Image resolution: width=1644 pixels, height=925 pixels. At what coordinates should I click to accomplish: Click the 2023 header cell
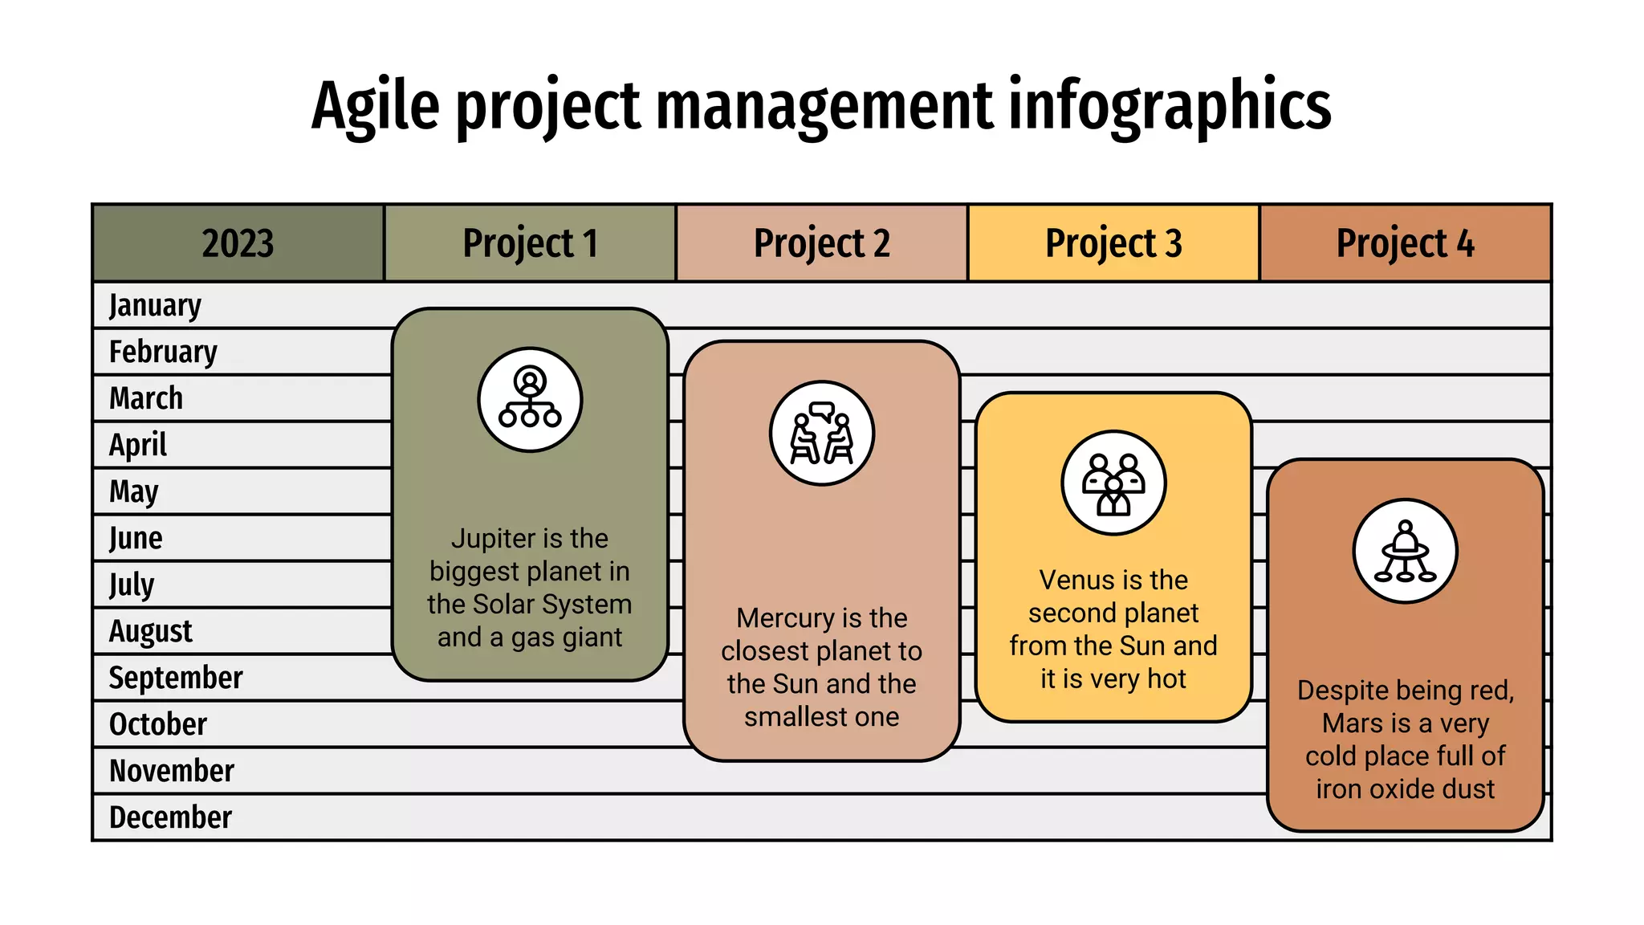coord(238,243)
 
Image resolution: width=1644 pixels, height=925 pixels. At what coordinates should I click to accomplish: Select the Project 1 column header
coord(530,243)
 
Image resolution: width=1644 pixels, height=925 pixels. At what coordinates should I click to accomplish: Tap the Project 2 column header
coord(822,243)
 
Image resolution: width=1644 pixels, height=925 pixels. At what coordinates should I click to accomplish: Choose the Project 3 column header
coord(1113,243)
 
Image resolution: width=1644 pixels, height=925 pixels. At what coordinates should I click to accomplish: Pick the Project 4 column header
coord(1405,243)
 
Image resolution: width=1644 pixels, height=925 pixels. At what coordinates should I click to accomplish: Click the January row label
coord(155,306)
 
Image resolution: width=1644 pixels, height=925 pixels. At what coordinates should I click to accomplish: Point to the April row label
coord(138,445)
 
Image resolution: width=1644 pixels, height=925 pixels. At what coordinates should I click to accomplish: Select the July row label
coord(132,585)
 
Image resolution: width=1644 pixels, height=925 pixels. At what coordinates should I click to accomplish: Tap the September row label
coord(176,678)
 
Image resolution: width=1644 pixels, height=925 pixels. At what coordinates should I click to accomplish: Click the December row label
coord(170,817)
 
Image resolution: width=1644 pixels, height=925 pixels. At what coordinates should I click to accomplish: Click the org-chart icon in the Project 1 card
coord(530,399)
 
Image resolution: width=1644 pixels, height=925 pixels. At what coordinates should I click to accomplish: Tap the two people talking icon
coord(822,434)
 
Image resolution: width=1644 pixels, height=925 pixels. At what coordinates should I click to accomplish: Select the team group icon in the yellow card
coord(1113,483)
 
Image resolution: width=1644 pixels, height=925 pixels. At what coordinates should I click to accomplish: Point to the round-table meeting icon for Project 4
coord(1405,551)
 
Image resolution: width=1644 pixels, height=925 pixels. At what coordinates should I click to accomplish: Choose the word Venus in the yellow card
coord(1074,580)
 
